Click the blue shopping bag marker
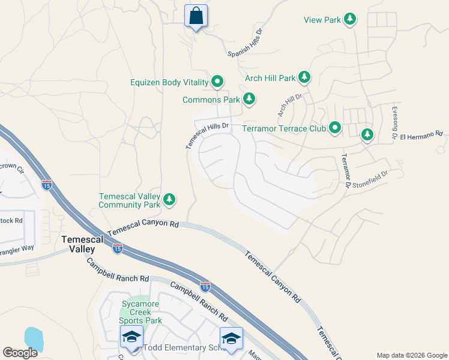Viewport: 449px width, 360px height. (196, 16)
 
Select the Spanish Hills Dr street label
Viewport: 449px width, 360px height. (246, 44)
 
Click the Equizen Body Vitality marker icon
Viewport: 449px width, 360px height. (217, 82)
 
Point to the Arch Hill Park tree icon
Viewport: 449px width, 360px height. (305, 77)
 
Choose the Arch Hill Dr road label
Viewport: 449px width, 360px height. (289, 104)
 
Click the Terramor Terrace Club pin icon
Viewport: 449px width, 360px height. (335, 128)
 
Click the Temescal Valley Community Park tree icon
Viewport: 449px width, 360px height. (170, 199)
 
